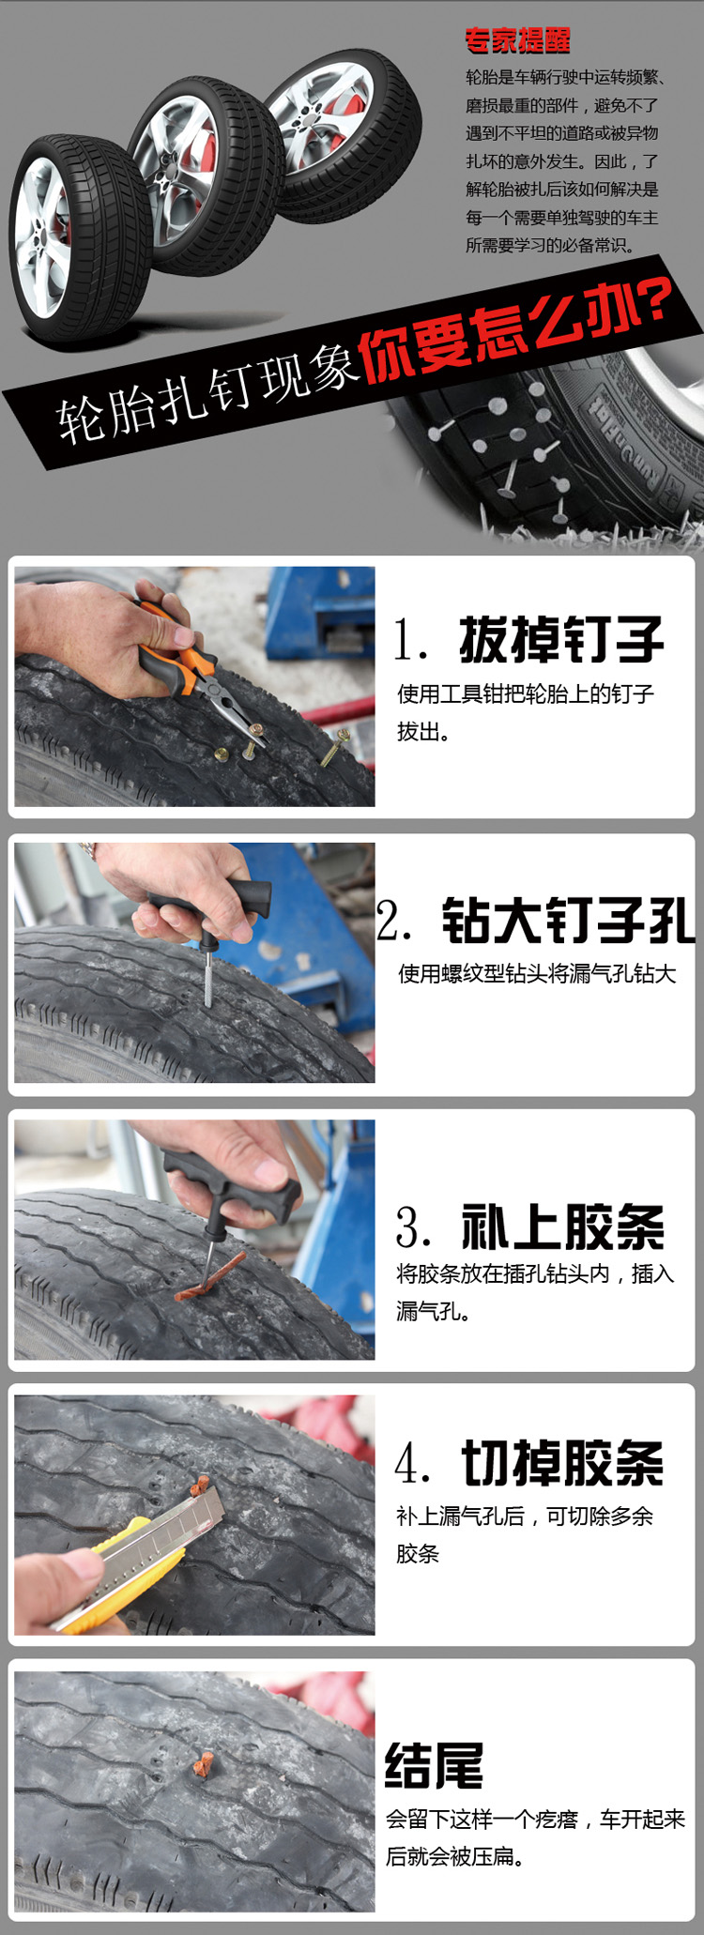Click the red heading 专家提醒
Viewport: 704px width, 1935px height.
point(517,40)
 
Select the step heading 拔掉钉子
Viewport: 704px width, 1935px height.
point(561,640)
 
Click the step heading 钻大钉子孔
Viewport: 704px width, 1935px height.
point(568,920)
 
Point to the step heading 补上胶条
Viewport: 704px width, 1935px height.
point(562,1227)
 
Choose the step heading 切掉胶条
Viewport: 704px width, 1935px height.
point(562,1463)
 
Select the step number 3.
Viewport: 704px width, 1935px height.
point(413,1227)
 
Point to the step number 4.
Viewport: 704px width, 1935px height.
point(413,1464)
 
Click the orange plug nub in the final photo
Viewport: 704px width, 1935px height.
point(200,1765)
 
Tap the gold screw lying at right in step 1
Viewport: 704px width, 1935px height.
point(334,748)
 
